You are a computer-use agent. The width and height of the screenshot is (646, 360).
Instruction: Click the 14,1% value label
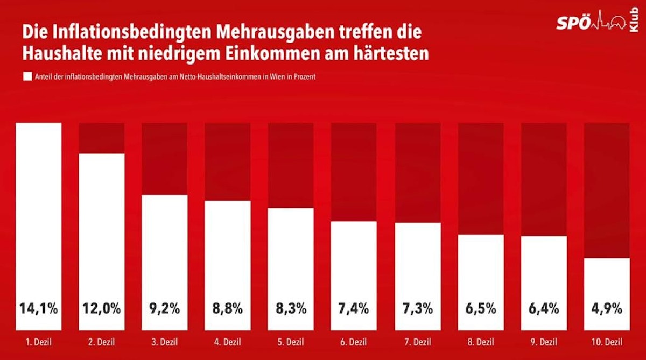[x=39, y=309]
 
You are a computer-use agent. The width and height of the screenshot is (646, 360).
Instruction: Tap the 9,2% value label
[x=164, y=309]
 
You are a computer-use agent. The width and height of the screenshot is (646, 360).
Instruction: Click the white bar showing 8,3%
[x=291, y=258]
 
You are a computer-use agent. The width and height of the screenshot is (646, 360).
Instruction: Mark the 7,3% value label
[x=417, y=309]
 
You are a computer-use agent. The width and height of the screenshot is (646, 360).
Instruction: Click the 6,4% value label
[x=544, y=309]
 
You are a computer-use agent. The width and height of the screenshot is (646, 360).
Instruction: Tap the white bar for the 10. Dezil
[x=607, y=285]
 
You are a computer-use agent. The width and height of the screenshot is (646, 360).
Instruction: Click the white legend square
[x=27, y=77]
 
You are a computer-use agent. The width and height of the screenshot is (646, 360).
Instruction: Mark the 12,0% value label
[x=102, y=309]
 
